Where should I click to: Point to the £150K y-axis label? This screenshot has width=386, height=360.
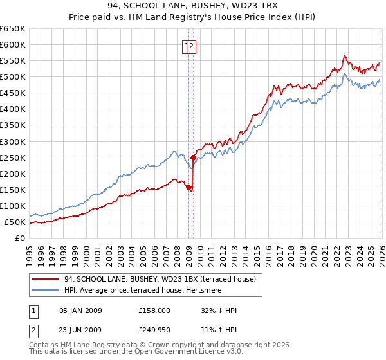tap(12, 190)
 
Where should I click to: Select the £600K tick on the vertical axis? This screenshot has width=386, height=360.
tap(12, 44)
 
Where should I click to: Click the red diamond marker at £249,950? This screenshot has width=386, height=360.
tap(194, 157)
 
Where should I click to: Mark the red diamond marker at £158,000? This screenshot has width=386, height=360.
tap(188, 187)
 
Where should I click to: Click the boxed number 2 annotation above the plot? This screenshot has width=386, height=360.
tap(192, 46)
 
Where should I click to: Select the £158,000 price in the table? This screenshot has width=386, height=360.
tap(154, 310)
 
